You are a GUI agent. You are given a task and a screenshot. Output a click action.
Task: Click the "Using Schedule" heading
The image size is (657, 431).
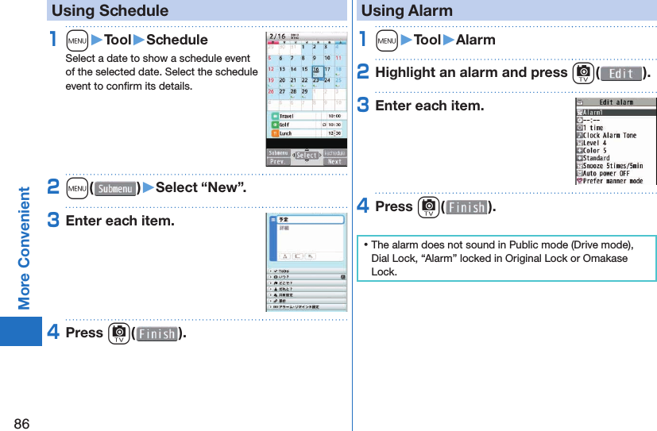[x=110, y=11]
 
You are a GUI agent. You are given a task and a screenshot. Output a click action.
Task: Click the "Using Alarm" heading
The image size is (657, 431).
[x=407, y=11]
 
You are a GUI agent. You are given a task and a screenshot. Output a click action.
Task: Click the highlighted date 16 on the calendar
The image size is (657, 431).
[x=317, y=69]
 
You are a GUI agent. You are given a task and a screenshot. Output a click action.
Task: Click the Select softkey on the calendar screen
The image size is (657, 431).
[x=307, y=156]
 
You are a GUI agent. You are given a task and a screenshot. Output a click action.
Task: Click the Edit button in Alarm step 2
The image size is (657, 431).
[x=621, y=74]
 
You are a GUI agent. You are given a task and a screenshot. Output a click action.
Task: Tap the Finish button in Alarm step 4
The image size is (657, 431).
[x=466, y=208]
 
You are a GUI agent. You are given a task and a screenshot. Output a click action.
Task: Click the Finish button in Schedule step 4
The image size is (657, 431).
[x=157, y=334]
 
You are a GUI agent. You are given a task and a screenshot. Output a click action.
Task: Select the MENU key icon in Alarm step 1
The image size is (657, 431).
[x=388, y=40]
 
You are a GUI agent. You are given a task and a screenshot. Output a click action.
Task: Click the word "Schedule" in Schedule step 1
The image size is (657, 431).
[x=177, y=40]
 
